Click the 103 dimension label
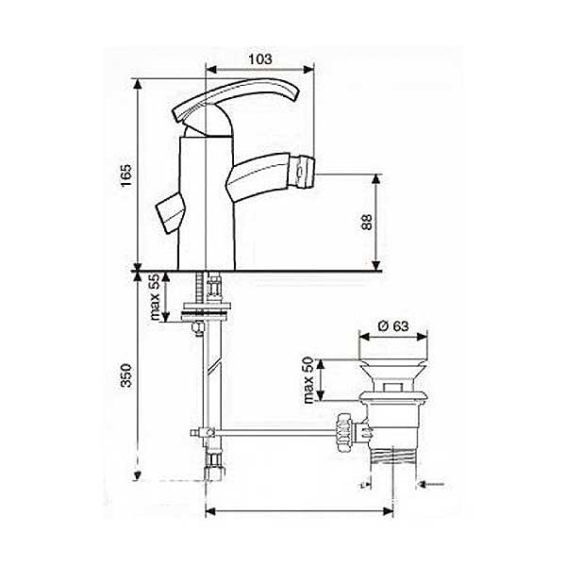(x=260, y=58)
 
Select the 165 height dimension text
(x=126, y=175)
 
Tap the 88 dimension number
(x=367, y=222)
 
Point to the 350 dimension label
(x=126, y=375)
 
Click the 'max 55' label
(x=155, y=297)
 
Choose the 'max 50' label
(x=308, y=380)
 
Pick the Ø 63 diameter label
(x=393, y=326)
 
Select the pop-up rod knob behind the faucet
(x=171, y=213)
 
